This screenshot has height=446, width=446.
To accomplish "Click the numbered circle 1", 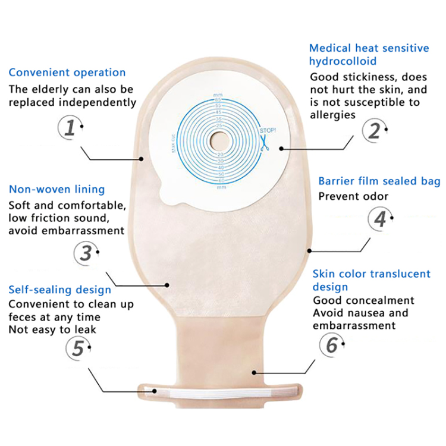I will [x=71, y=128].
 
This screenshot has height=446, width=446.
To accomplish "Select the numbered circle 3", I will [x=86, y=253].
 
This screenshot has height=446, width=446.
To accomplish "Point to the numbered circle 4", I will [x=380, y=219].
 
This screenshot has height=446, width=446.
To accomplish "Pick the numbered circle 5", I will [x=78, y=348].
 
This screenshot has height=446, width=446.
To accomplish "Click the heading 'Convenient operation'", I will [x=67, y=73].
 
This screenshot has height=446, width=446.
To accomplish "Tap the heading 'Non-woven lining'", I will [x=56, y=190].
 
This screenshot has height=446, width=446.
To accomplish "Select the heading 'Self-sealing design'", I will [x=59, y=290].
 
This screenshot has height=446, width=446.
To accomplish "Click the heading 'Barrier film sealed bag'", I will [x=379, y=181].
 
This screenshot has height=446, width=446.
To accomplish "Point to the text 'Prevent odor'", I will [x=353, y=196].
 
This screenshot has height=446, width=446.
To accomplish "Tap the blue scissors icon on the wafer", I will [x=263, y=142].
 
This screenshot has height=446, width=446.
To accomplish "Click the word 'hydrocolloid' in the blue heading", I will [x=343, y=61].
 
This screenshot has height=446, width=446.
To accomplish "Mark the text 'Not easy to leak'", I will [x=52, y=329].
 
